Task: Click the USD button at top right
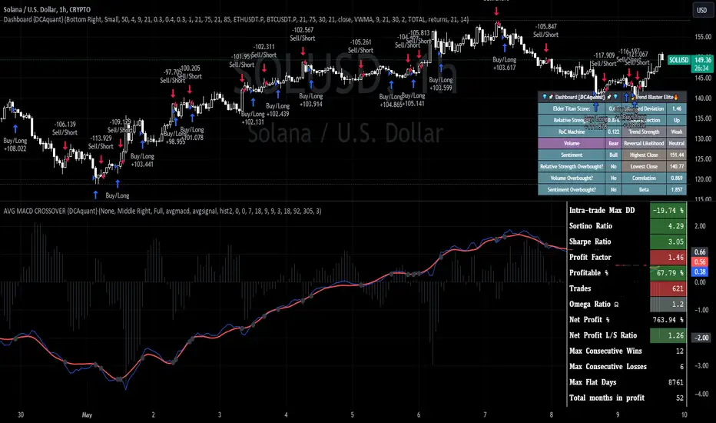point(701,10)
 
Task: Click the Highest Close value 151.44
point(676,155)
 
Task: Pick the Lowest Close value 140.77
point(676,165)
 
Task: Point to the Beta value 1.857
point(676,188)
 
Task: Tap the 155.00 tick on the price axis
point(700,36)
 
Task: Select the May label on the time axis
point(86,413)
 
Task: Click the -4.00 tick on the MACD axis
point(700,393)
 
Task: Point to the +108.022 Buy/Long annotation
point(19,145)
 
